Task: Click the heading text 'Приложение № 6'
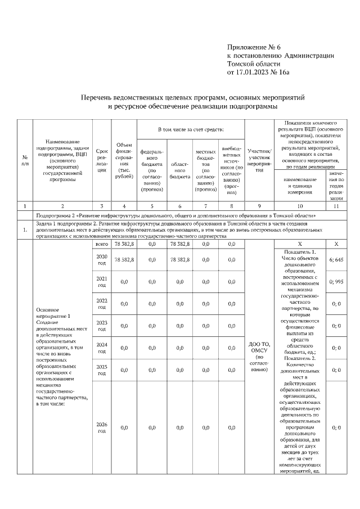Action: point(253,47)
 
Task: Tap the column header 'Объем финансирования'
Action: point(124,161)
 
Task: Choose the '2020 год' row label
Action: point(102,259)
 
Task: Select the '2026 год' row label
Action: point(102,427)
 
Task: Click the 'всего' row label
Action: point(102,244)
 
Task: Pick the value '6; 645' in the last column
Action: point(336,259)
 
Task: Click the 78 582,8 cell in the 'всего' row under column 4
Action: point(124,244)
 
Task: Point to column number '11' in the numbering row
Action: point(336,206)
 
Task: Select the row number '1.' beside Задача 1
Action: point(25,229)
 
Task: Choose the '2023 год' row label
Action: point(102,325)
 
